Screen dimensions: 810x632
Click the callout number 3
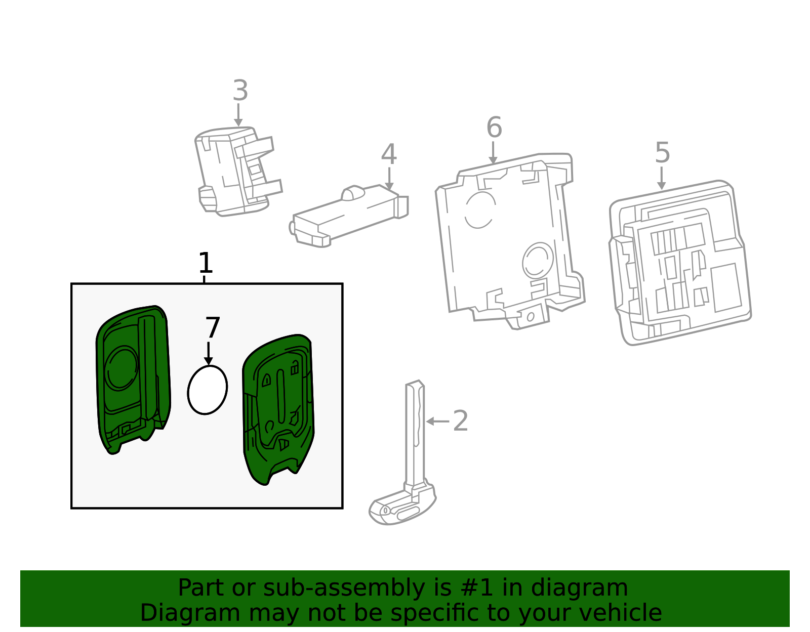240,91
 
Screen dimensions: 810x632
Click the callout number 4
389,154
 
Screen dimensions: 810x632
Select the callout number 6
494,128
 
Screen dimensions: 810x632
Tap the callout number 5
662,153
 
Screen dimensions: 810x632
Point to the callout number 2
460,421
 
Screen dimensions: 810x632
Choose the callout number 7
213,327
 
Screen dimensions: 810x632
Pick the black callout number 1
206,263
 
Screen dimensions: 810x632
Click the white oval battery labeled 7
207,390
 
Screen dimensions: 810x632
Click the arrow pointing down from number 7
209,353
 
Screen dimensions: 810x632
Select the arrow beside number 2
437,421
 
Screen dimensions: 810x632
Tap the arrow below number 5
661,178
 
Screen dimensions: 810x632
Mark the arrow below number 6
493,153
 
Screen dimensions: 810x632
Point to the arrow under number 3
238,115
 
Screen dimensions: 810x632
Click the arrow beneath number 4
389,179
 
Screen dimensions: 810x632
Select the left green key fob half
133,380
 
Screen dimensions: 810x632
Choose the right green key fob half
278,410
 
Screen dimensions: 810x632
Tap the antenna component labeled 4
348,216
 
